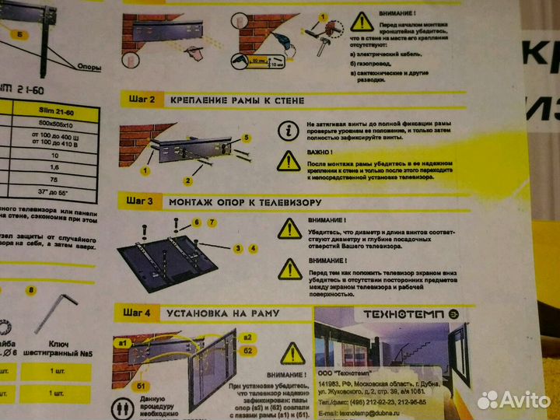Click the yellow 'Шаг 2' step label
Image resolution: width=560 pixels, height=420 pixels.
142,100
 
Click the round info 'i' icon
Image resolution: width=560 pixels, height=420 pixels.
289,130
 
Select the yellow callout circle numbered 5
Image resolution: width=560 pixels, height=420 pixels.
246,137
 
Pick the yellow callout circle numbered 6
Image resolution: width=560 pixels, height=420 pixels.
197,222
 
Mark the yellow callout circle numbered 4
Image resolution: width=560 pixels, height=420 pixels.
253,248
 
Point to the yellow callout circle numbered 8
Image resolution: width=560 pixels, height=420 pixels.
31,291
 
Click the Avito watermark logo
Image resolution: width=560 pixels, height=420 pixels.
514,399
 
